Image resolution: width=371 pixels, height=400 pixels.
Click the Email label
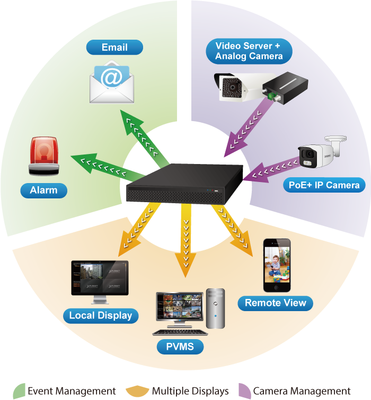[x=114, y=48]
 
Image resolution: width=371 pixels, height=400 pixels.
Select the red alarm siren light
[x=44, y=156]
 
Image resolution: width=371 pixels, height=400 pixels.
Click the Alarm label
[x=44, y=190]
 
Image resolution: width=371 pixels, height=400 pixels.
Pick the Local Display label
[x=101, y=316]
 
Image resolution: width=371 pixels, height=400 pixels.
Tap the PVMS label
[x=173, y=347]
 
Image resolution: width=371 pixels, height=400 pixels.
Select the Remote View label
[x=276, y=303]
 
